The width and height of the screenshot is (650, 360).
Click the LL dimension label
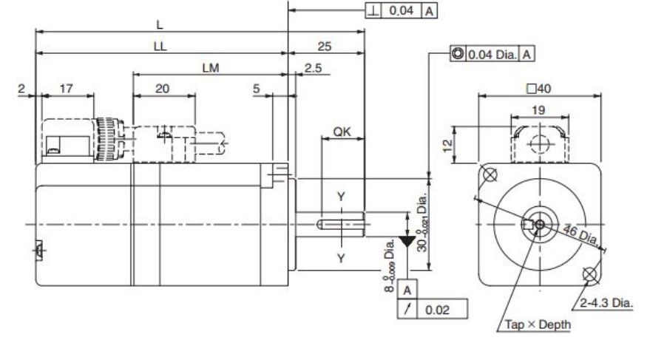(160, 46)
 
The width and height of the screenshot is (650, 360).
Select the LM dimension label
(211, 68)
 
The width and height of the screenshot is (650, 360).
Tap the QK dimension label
(342, 132)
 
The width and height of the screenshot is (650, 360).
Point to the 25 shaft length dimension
(325, 46)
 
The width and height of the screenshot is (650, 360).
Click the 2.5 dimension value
(313, 68)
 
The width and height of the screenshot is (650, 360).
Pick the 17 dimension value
(67, 88)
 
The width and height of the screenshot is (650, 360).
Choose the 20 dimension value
(162, 88)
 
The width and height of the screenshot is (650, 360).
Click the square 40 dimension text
(539, 88)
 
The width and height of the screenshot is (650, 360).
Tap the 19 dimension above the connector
(538, 110)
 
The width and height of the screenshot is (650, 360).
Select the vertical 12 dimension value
(447, 146)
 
